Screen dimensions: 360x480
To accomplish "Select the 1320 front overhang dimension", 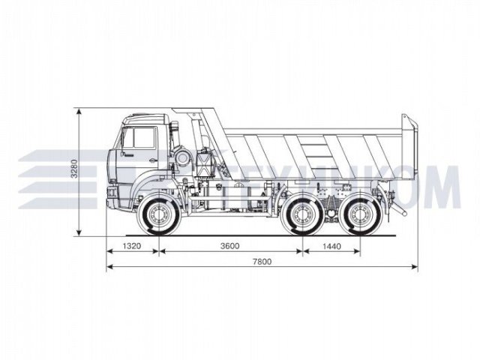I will click(x=132, y=245).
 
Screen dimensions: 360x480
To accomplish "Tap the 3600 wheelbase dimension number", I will click(x=229, y=245).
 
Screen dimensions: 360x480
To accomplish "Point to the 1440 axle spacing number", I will click(x=331, y=245).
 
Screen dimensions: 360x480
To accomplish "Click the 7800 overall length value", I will click(x=262, y=261).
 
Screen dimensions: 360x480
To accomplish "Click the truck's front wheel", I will click(x=159, y=216).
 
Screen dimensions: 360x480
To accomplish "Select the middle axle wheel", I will click(x=304, y=216).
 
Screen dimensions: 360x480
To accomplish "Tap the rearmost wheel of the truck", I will click(x=360, y=216).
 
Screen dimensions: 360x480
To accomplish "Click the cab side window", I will click(x=138, y=137).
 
